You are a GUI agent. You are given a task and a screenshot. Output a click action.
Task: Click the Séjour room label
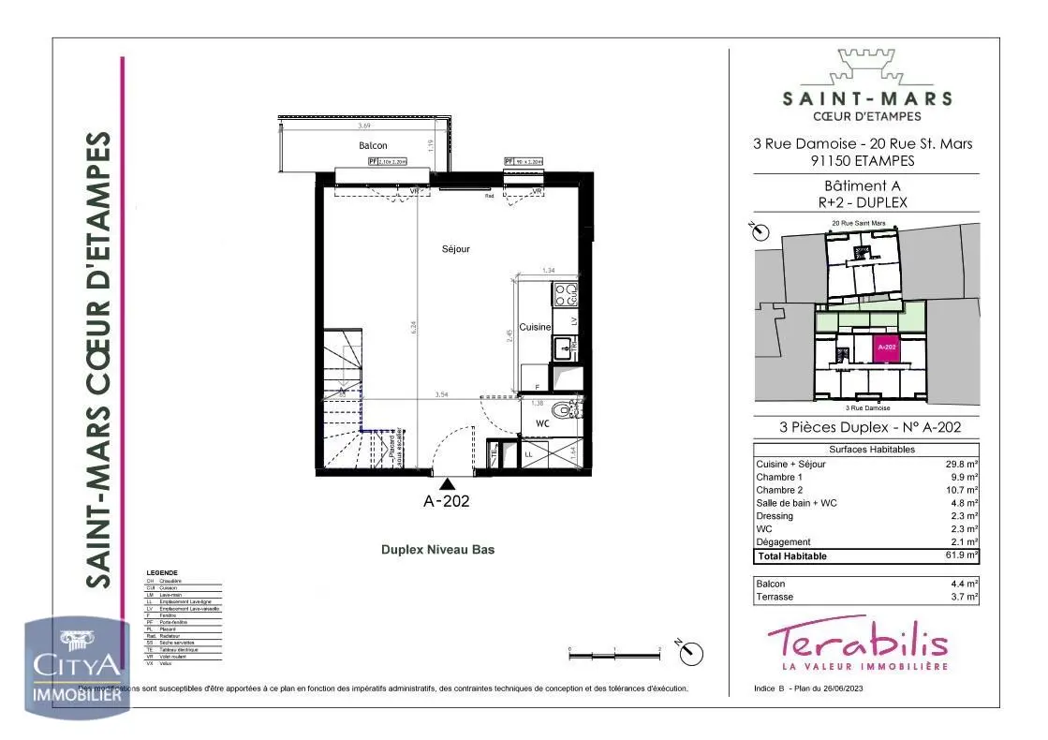456,249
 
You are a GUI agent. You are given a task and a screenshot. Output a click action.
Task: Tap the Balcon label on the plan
373,146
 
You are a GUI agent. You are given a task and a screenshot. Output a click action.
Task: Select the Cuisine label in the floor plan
535,327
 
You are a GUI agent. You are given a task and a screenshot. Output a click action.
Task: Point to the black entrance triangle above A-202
448,483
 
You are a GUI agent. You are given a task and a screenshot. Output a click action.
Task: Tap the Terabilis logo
857,644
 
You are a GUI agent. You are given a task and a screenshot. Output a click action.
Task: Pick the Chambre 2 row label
779,490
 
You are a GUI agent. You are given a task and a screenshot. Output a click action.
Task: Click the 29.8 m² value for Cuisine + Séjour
961,464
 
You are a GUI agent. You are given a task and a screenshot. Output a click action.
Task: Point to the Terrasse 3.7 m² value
964,597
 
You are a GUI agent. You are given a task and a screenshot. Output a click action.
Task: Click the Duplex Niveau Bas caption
436,550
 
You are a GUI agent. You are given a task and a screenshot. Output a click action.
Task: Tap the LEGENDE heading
162,572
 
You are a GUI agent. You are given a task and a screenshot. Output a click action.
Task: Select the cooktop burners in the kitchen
566,296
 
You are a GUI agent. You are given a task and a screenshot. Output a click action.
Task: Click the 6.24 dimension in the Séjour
413,328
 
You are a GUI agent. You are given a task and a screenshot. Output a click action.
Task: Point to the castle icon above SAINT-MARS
866,67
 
